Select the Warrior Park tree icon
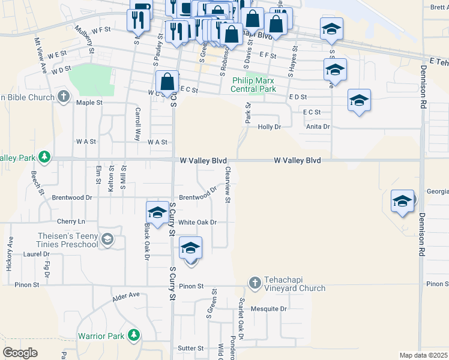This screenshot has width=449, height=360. click(135, 335)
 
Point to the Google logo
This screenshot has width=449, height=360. click(20, 353)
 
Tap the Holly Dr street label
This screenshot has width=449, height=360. click(269, 127)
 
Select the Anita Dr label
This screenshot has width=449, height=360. click(318, 127)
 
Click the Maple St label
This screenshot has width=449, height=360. click(89, 103)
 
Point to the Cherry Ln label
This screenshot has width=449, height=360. click(71, 222)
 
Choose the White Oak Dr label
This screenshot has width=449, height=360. click(197, 222)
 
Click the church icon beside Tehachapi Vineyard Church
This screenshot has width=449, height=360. click(255, 282)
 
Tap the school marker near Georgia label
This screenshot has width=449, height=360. click(402, 200)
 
